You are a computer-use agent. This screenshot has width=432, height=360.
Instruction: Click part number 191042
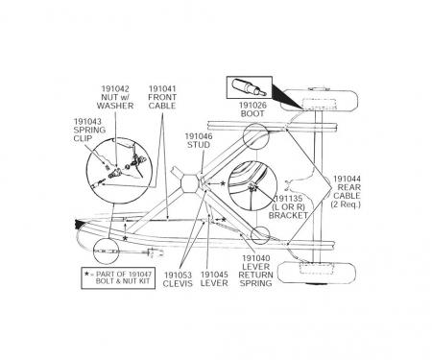116,88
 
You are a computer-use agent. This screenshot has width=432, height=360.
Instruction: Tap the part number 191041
161,88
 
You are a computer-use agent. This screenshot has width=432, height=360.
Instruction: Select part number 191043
85,122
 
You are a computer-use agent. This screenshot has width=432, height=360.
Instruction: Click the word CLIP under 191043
84,139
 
